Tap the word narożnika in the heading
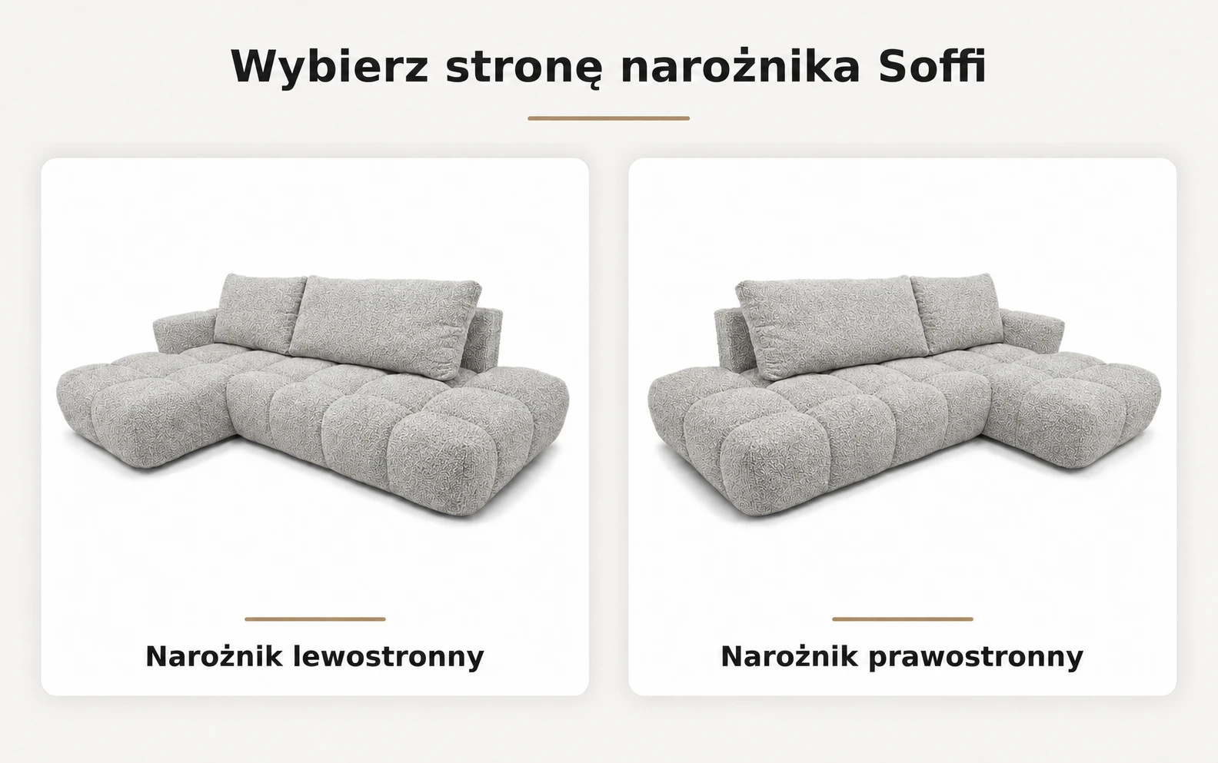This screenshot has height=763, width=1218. pyautogui.click(x=740, y=66)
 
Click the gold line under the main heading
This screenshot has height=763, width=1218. pyautogui.click(x=608, y=118)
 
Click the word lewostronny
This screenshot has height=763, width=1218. pyautogui.click(x=388, y=656)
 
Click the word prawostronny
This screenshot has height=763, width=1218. pyautogui.click(x=976, y=656)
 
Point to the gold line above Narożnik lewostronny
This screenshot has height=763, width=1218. pyautogui.click(x=314, y=619)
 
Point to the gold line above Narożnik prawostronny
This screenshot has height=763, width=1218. pyautogui.click(x=903, y=619)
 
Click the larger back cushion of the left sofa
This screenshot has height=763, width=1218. pyautogui.click(x=385, y=324)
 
